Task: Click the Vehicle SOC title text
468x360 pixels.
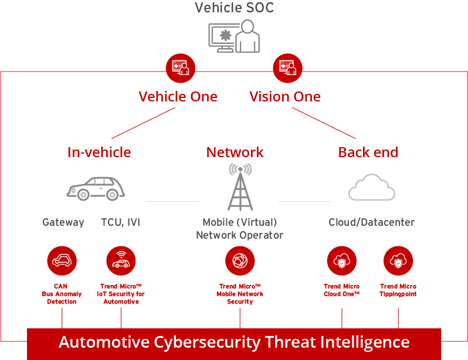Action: [x=234, y=8]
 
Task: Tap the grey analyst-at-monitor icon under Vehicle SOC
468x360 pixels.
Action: [x=234, y=36]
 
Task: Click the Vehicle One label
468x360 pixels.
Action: [x=178, y=96]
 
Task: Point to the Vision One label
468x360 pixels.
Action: [x=285, y=96]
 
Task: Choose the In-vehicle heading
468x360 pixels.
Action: [x=99, y=152]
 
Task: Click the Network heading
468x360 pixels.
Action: [x=235, y=152]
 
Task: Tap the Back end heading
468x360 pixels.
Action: [x=368, y=152]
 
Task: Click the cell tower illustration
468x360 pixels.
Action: [x=240, y=187]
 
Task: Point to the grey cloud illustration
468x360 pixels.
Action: [x=371, y=188]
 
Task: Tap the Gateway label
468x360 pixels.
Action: [x=63, y=222]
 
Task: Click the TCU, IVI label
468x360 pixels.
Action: [x=120, y=222]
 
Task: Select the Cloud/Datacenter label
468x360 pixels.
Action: [x=371, y=222]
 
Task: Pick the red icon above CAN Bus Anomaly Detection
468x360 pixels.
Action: [x=62, y=261]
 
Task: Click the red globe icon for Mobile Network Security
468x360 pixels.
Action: [x=240, y=261]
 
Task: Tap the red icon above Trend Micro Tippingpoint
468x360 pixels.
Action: [x=398, y=261]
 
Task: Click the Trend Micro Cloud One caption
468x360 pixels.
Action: [x=341, y=290]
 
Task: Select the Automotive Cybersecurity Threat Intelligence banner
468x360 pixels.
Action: [x=234, y=342]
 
